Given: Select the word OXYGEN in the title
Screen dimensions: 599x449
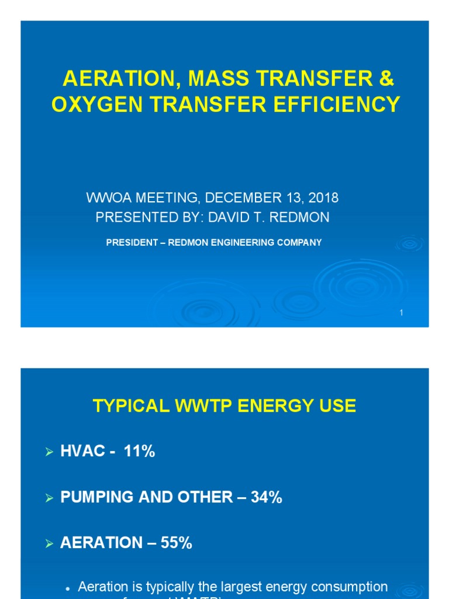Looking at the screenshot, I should click(88, 105).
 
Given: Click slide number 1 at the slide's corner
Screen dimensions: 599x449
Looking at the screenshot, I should click(402, 314).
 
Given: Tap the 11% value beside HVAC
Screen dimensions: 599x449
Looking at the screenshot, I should click(139, 451).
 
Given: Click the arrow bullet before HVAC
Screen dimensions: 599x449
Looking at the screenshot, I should click(50, 452).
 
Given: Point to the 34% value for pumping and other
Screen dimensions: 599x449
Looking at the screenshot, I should click(267, 497).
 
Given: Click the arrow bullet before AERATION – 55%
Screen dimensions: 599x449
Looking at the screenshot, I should click(50, 543).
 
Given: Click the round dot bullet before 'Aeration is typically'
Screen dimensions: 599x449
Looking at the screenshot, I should click(68, 587).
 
